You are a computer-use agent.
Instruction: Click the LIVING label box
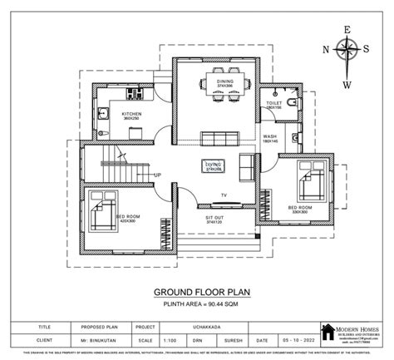[213, 165]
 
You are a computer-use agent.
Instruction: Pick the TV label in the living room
[224, 195]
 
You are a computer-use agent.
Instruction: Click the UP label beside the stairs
[157, 175]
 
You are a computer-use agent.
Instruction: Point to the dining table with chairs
[224, 87]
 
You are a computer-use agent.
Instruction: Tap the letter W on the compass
[347, 84]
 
